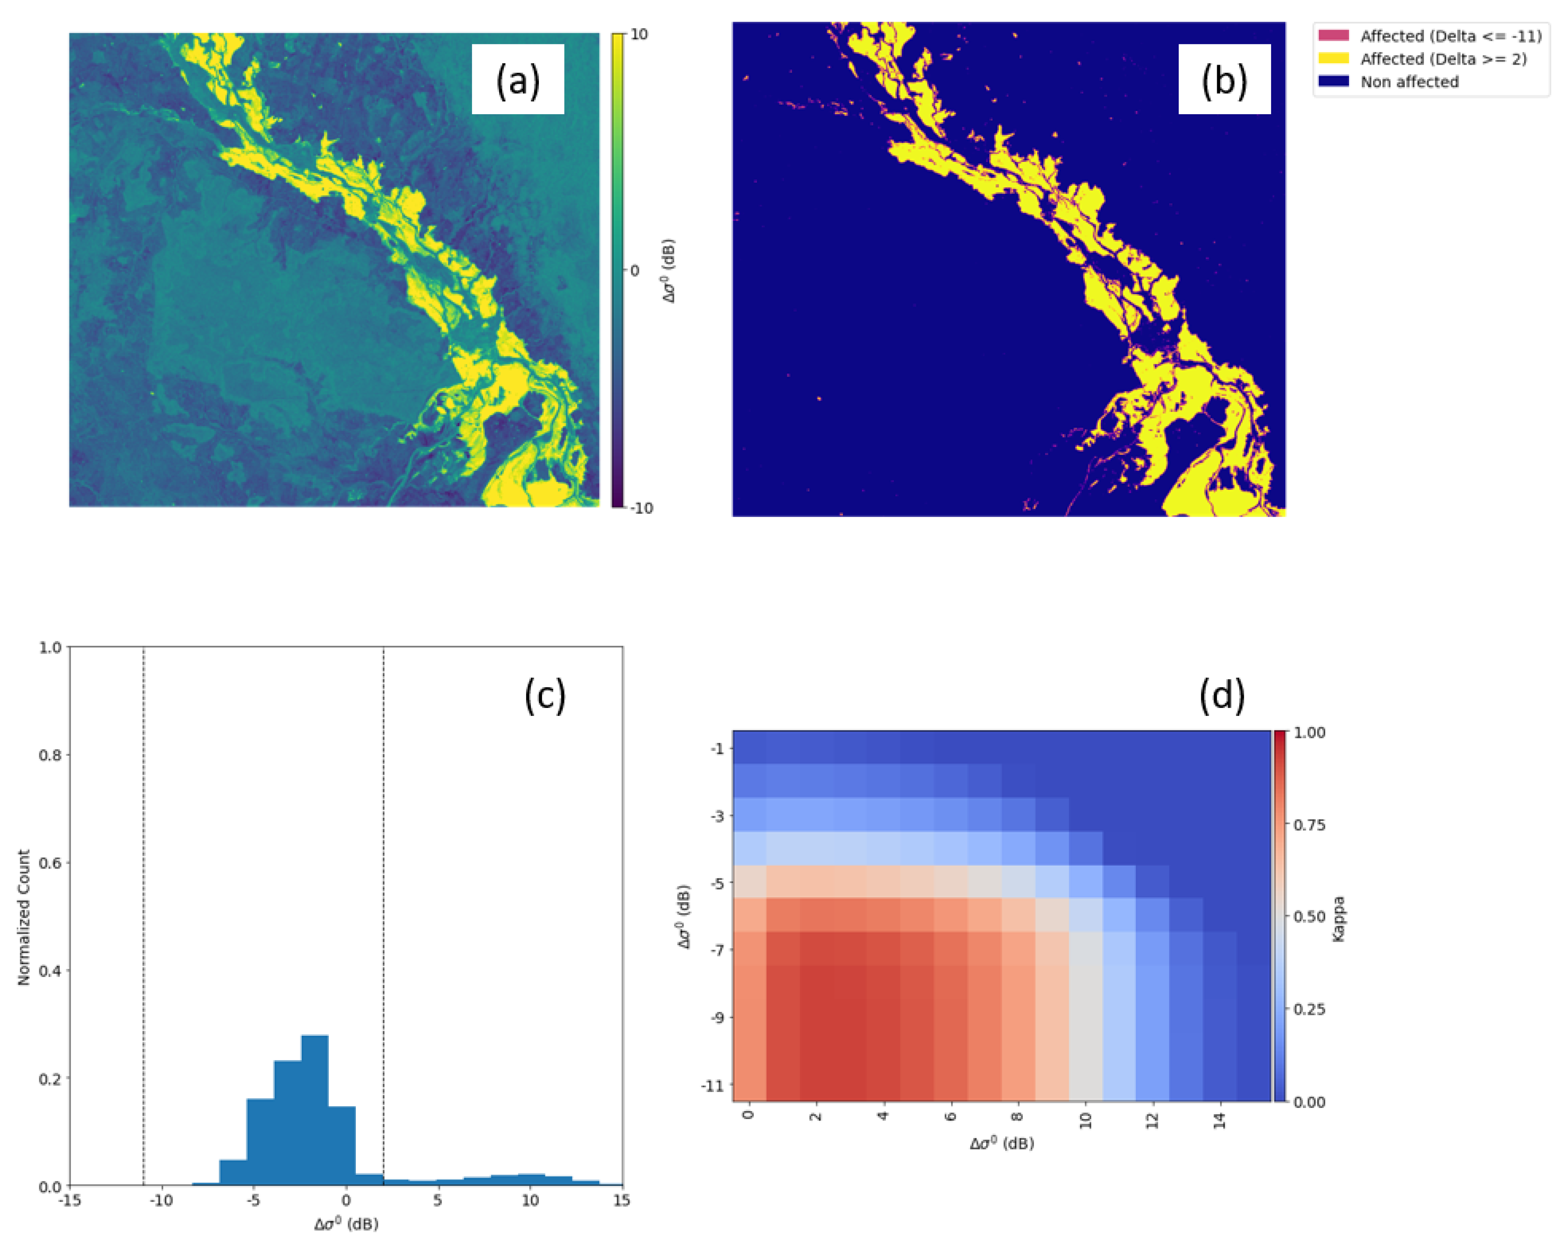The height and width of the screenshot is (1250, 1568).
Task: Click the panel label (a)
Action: tap(518, 80)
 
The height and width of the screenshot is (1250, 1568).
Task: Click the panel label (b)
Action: tap(1224, 80)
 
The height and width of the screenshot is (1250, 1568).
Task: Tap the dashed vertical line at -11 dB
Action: tap(143, 909)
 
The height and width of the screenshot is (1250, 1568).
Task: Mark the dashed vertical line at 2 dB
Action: tap(383, 909)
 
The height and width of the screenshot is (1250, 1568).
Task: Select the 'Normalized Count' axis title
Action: tap(24, 918)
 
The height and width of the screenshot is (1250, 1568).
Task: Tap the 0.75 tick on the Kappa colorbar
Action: tap(1309, 825)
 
